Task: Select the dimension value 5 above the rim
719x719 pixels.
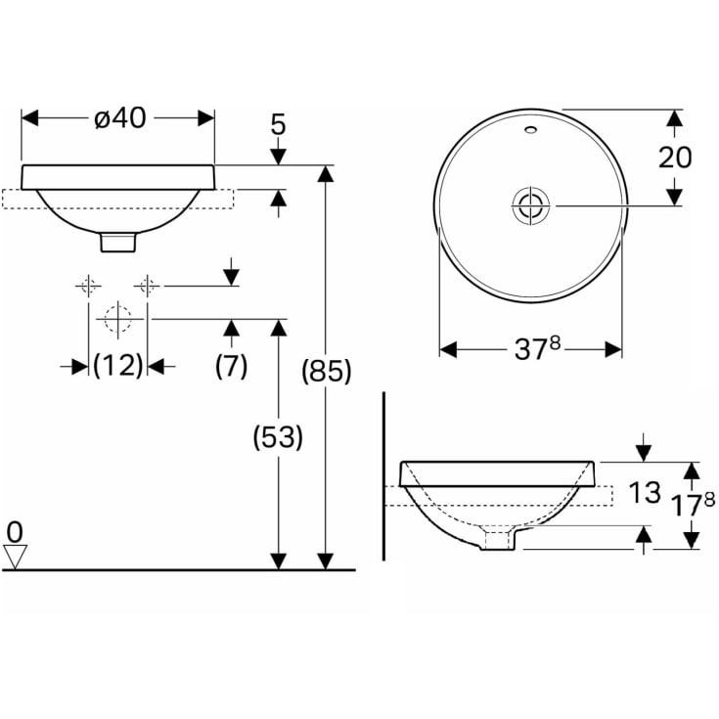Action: [x=278, y=125]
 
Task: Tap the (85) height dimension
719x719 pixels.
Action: [x=326, y=372]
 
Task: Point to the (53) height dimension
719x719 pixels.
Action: [x=279, y=437]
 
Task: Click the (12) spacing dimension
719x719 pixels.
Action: [x=117, y=366]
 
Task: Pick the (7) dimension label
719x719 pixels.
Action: [x=231, y=366]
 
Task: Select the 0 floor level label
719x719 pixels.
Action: [x=15, y=532]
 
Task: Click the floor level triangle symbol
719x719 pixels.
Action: [x=15, y=557]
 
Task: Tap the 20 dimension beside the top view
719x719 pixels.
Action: [x=674, y=157]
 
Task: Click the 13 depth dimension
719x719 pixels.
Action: [x=644, y=492]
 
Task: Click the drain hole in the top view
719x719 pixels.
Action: [x=530, y=204]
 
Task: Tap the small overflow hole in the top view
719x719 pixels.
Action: [x=530, y=128]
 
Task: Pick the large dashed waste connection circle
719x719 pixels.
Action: [x=117, y=319]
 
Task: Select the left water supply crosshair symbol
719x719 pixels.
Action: [x=89, y=286]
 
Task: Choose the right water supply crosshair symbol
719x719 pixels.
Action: [x=147, y=286]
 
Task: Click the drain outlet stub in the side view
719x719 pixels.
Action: [x=499, y=540]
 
